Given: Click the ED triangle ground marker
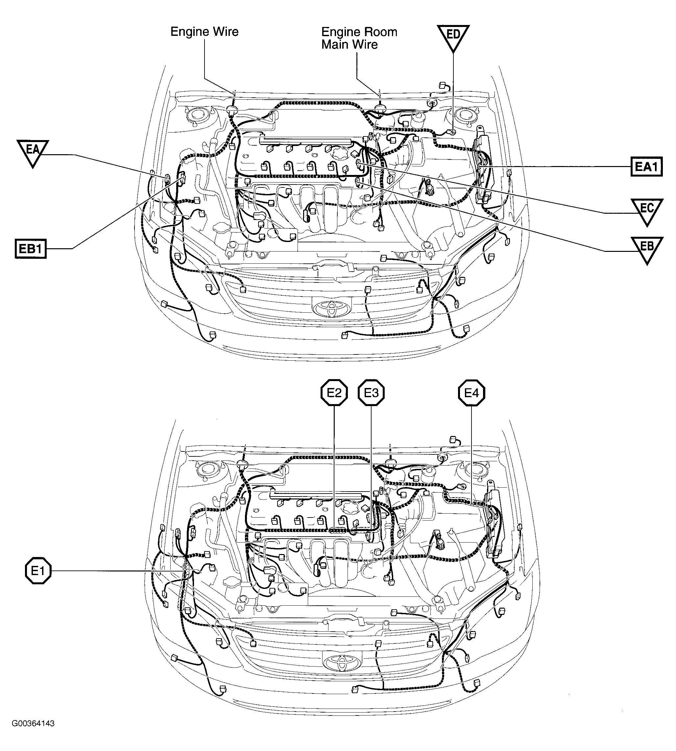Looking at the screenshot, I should (453, 36).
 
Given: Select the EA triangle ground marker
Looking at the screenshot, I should (33, 152).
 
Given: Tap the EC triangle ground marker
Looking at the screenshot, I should (647, 210).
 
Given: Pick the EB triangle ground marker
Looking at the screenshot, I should (647, 248).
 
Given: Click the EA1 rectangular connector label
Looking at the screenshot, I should (647, 166).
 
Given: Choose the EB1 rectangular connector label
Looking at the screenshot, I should (31, 249).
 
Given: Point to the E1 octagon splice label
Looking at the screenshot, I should (38, 570).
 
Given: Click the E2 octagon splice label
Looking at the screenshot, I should (334, 393).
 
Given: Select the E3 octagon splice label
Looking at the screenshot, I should (371, 393).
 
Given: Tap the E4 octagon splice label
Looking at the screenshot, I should (472, 393).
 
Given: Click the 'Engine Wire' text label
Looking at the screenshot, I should (204, 32).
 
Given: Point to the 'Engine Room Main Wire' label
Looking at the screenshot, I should (358, 38).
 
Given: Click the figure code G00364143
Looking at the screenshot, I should (33, 723).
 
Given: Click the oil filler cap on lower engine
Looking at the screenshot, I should (350, 507).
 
